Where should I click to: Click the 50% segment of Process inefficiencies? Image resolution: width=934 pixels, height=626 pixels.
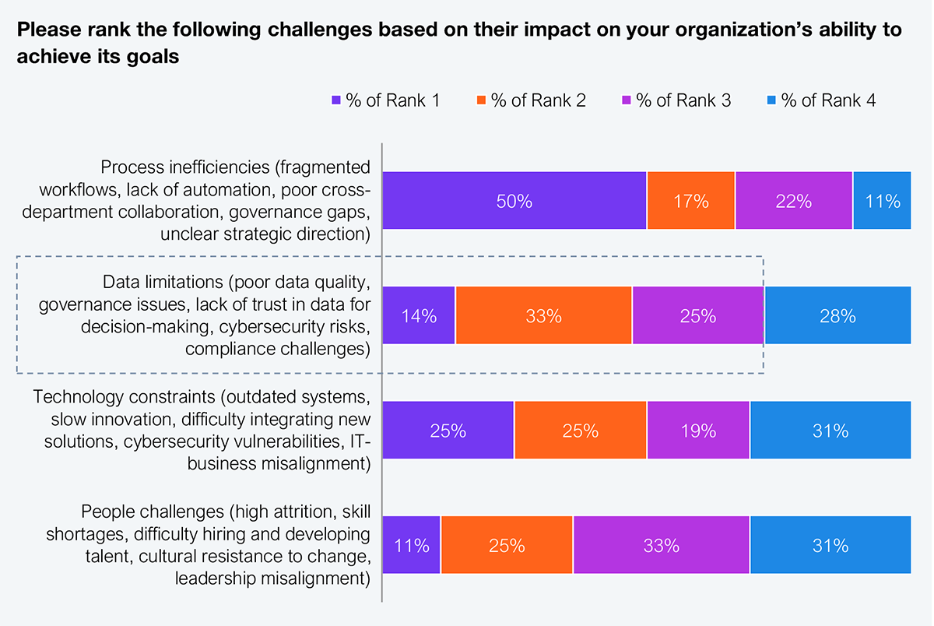coord(514,200)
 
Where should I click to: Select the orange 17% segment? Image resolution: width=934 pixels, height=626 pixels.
coord(691,200)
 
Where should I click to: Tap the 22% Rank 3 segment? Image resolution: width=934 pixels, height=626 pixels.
coord(794,200)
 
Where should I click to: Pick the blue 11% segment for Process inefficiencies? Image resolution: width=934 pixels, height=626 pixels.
coord(883,200)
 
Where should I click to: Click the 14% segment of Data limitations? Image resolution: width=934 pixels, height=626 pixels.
coord(419,315)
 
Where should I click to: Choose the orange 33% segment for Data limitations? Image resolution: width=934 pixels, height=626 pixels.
coord(544,315)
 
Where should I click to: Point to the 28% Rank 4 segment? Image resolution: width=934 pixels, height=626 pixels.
coord(838,315)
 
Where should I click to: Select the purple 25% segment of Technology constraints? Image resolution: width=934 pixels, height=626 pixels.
coord(448,430)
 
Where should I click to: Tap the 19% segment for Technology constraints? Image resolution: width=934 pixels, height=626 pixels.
coord(698,430)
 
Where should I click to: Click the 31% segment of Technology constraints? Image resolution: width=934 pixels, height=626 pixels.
coord(830,430)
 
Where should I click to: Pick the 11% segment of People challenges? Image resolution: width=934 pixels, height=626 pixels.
coord(411,545)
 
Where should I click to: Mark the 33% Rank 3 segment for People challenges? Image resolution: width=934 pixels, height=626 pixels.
coord(662,545)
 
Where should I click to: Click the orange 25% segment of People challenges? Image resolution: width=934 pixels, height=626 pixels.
coord(507,545)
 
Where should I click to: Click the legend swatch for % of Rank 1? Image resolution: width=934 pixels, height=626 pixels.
coord(336,100)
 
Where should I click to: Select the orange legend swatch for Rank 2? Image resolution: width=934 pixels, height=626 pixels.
coord(481,100)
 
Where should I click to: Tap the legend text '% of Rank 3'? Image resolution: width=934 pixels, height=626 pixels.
coord(684,100)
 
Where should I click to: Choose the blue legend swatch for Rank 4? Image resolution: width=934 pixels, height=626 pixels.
coord(771,100)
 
